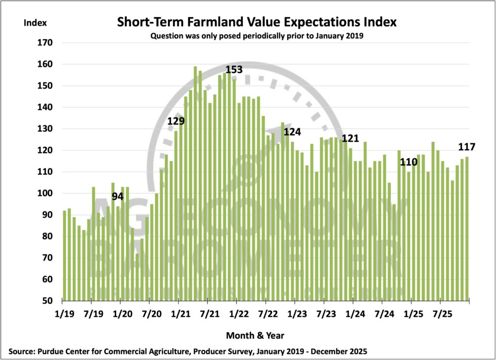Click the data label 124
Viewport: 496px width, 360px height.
click(x=292, y=131)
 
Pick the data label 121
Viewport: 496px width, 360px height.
click(x=350, y=139)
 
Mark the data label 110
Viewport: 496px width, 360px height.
click(x=408, y=162)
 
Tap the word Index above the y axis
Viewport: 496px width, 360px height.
click(x=33, y=22)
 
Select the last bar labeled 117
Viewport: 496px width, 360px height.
click(x=467, y=228)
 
